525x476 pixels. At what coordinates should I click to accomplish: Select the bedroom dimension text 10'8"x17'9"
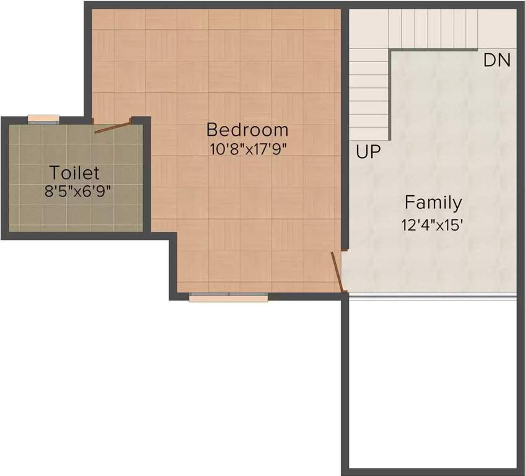[247, 149]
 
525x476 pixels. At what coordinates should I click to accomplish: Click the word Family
[433, 203]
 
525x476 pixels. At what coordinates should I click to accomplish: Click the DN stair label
[496, 61]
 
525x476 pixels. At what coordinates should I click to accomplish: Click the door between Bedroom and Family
[337, 271]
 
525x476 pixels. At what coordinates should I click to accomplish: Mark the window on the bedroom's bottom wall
[228, 297]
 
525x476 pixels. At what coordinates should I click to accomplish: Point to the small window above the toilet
[43, 119]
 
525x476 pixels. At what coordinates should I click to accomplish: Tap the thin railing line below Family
[432, 297]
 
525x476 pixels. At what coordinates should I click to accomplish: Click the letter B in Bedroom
[212, 130]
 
